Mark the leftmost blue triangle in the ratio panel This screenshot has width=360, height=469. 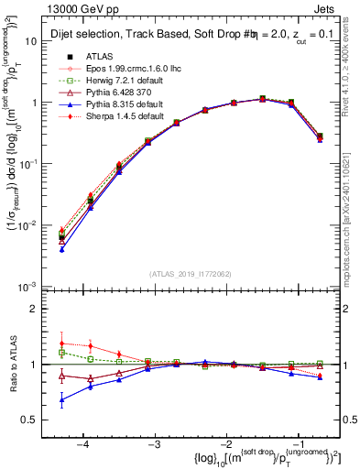[x=61, y=399]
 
